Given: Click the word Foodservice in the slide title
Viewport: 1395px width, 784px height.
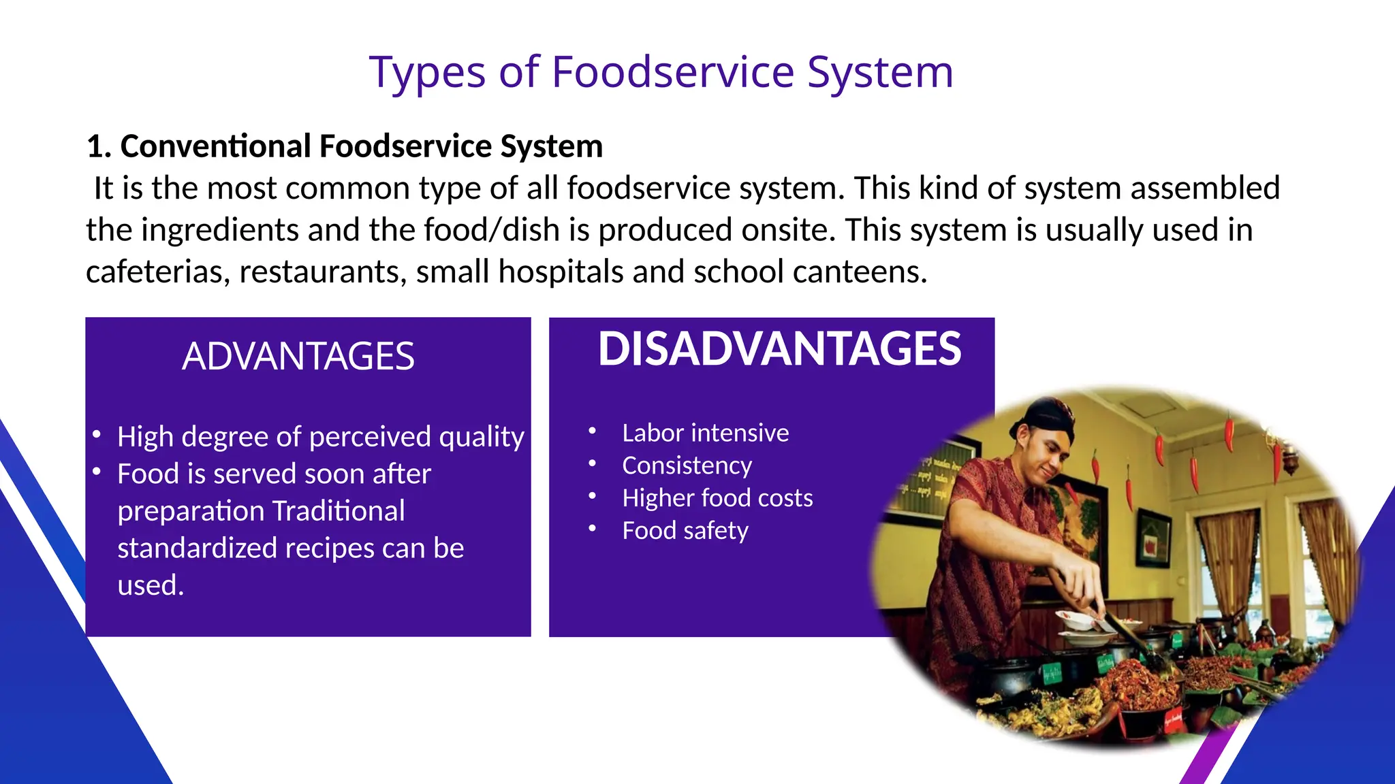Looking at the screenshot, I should coord(672,72).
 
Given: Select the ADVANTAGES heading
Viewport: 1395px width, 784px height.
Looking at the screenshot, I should coord(298,357).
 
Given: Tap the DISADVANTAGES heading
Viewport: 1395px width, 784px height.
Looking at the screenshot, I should coord(779,349).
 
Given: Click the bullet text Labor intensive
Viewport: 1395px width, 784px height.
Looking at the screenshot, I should coord(705,433).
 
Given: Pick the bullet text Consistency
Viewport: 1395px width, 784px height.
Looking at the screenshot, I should coord(687,465).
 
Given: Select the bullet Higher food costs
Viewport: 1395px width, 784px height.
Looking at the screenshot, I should coord(717,498).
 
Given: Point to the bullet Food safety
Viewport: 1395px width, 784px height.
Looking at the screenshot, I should coord(685,531).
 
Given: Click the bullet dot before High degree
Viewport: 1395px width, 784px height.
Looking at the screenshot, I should coord(97,434).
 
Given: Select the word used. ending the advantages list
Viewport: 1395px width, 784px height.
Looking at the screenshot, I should coord(151,585).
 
